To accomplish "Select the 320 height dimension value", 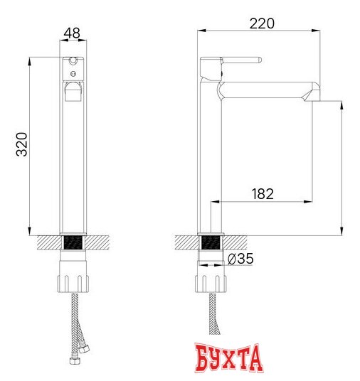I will pyautogui.click(x=21, y=146).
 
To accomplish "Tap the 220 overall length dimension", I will pyautogui.click(x=261, y=23).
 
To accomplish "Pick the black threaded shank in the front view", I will pyautogui.click(x=72, y=243).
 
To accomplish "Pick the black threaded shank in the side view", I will pyautogui.click(x=211, y=243).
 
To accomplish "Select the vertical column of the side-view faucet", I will pyautogui.click(x=211, y=163).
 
